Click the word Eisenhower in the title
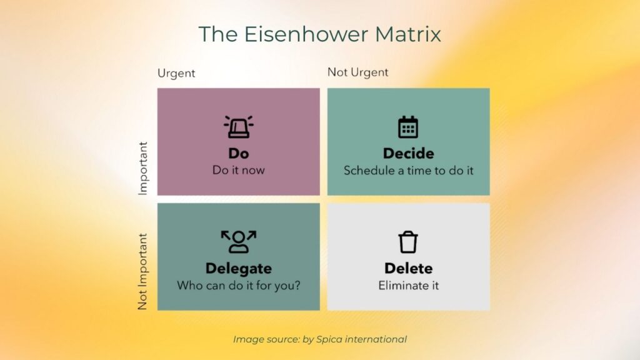coord(306,34)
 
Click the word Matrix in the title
coord(407,34)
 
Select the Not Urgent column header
coord(358,72)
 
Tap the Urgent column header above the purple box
coord(176,73)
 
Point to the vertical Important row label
coord(142,168)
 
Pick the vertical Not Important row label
coord(142,271)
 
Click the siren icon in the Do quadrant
coord(238,126)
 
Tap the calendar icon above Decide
coord(408,127)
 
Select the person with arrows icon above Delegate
coord(238,242)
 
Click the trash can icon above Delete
coord(408,242)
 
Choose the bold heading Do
coord(238,154)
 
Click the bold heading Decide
coord(409,154)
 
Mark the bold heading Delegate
coord(238,269)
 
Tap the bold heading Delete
coord(409,268)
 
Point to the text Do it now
coord(238,170)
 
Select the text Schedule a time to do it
coord(409,170)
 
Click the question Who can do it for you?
coord(238,285)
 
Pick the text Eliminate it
coord(409,285)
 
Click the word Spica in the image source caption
coord(329,339)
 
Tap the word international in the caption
coord(376,339)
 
